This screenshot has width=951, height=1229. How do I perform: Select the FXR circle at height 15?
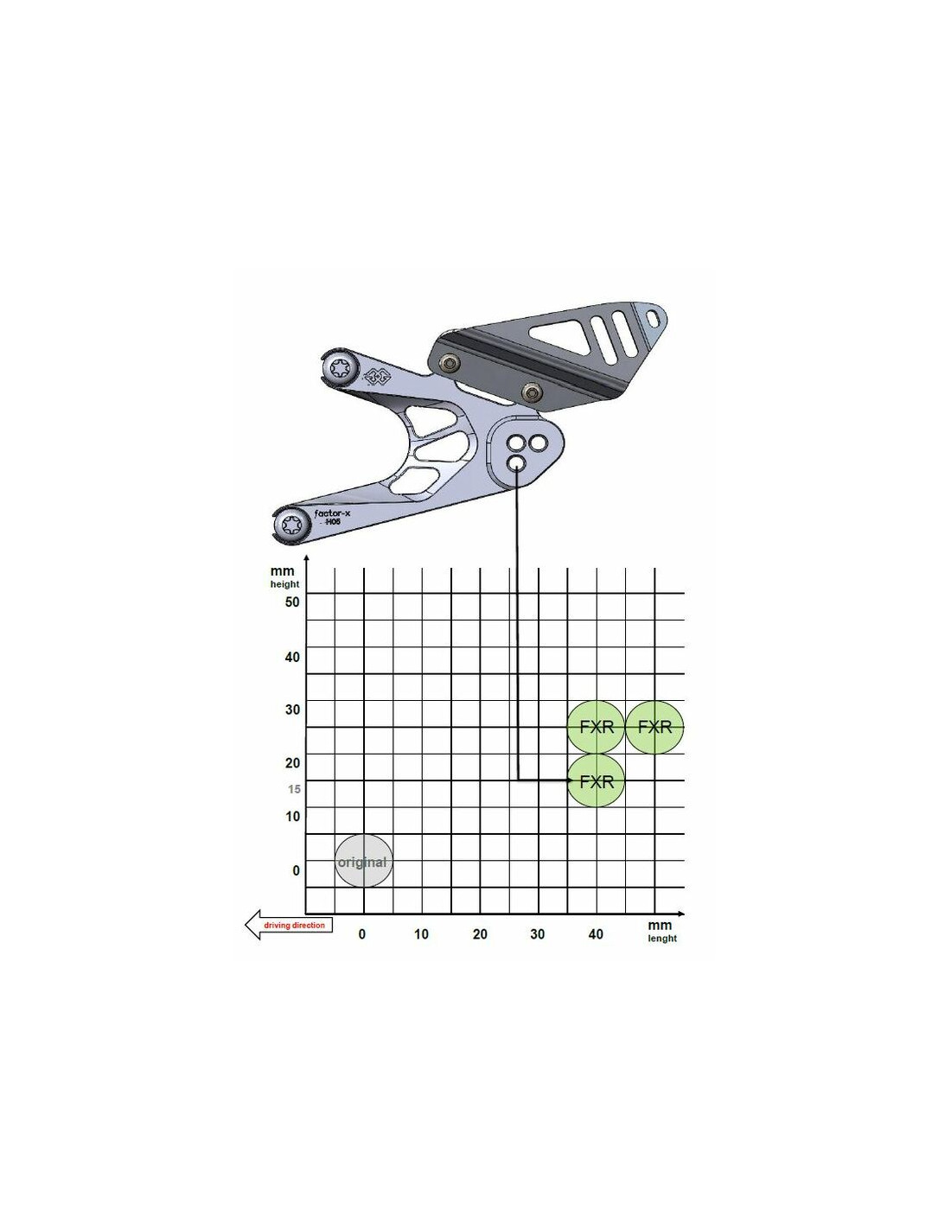pyautogui.click(x=596, y=781)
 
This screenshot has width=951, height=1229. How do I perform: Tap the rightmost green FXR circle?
pyautogui.click(x=654, y=727)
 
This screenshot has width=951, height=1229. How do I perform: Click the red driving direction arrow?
pyautogui.click(x=289, y=925)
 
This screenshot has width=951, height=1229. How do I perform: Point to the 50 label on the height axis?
pyautogui.click(x=292, y=602)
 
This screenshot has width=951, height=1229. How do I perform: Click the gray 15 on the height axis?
pyautogui.click(x=294, y=788)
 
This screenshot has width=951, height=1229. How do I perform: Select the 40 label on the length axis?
pyautogui.click(x=595, y=933)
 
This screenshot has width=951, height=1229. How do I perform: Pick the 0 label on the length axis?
pyautogui.click(x=362, y=933)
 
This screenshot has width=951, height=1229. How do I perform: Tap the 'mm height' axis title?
pyautogui.click(x=284, y=576)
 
